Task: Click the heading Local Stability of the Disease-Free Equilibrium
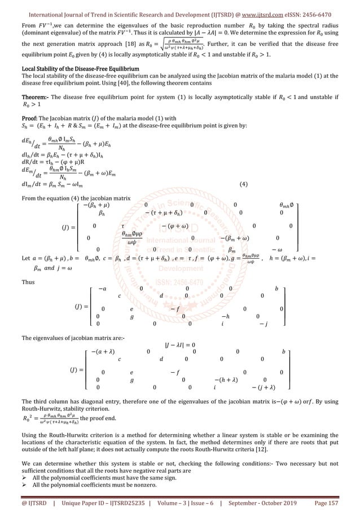pyautogui.click(x=78, y=68)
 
